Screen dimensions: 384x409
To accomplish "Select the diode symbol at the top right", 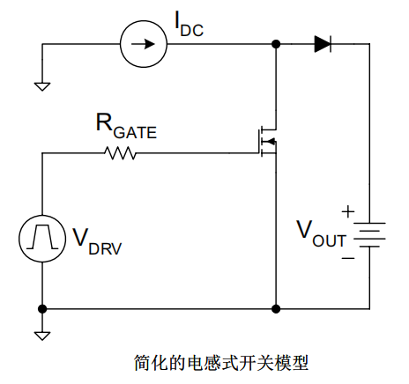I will pos(323,44).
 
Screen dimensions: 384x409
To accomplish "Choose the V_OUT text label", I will pos(320,234).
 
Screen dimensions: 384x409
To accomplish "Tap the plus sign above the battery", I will pos(347,211).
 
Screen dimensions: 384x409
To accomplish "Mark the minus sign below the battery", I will pos(347,258).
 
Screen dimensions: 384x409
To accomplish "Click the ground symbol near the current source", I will pos(41,85).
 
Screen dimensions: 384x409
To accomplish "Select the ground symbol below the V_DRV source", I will pos(41,335).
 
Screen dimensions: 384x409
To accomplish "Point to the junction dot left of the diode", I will pos(277,44).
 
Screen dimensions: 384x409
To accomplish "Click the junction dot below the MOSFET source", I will pos(277,309).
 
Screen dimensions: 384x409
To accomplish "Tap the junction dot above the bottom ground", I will pos(41,309).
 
